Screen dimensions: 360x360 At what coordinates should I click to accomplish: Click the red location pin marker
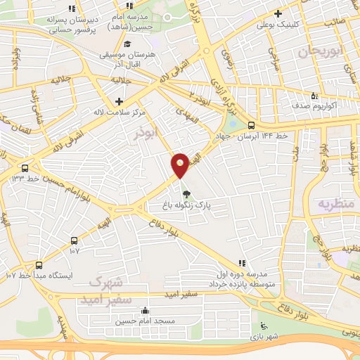[x=180, y=165]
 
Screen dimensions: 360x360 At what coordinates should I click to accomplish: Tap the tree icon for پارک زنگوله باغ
[x=186, y=194]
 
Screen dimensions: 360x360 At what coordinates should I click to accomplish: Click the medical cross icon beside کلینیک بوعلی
[x=278, y=13]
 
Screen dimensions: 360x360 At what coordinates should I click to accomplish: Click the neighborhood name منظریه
[x=334, y=205]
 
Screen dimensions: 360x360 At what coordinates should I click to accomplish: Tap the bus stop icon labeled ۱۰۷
[x=75, y=240]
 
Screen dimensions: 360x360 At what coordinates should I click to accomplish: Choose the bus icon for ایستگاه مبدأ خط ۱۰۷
[x=38, y=266]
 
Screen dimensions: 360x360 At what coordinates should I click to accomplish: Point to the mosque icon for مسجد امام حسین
[x=146, y=311]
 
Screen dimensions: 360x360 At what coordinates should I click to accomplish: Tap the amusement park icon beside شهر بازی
[x=264, y=326]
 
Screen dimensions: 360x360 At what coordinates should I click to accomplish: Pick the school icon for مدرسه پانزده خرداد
[x=243, y=262]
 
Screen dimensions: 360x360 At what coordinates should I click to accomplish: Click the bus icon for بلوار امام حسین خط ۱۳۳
[x=25, y=168]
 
